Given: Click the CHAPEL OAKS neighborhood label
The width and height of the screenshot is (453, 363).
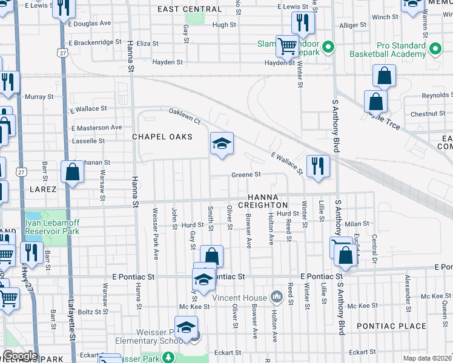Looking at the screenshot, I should click(x=162, y=137).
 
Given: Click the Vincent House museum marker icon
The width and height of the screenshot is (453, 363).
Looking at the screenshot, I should click(x=277, y=297).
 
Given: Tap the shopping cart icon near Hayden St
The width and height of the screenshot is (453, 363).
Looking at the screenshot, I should click(x=287, y=45).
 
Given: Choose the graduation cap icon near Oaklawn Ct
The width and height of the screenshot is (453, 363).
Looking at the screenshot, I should click(x=222, y=143).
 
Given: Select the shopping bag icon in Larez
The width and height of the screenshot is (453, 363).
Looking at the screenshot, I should click(x=72, y=172).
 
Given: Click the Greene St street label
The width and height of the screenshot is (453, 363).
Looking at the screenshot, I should click(x=245, y=174).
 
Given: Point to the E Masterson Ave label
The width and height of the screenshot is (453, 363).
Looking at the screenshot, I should click(x=97, y=128).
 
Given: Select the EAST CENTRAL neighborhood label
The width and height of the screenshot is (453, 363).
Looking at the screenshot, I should click(x=190, y=10).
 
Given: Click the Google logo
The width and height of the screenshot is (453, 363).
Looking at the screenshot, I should click(x=20, y=355).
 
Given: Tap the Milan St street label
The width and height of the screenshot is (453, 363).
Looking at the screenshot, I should click(x=357, y=224).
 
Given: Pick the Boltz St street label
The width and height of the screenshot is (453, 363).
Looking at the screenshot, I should click(x=93, y=312).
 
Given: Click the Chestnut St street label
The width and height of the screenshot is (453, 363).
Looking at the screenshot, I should click(x=428, y=114).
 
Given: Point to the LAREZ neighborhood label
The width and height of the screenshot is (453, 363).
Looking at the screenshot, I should click(x=41, y=189).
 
